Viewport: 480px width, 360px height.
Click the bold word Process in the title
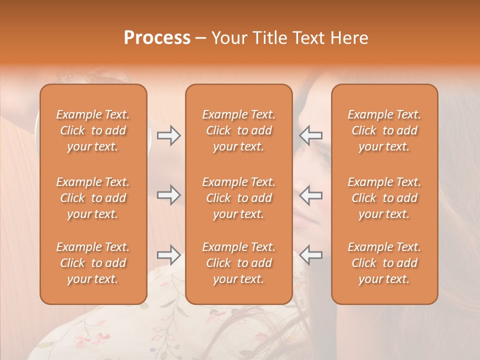157,38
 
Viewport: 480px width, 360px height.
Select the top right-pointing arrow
168,135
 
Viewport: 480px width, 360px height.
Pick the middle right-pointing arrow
168,195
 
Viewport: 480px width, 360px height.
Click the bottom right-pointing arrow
168,255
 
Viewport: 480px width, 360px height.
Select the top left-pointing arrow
311,135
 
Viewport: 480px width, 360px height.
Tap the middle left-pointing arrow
311,195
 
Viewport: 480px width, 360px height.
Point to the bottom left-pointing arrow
311,255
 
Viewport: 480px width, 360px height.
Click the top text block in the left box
93,130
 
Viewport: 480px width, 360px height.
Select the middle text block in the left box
93,198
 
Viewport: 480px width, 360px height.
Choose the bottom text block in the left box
93,263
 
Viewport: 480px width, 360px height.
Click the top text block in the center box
239,130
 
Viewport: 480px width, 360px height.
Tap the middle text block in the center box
239,198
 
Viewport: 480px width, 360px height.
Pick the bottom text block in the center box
239,263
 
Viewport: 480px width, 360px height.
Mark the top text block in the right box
384,130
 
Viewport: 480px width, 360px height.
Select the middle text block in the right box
384,198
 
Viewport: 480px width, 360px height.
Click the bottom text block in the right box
384,263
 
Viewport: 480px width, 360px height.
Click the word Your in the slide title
229,38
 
